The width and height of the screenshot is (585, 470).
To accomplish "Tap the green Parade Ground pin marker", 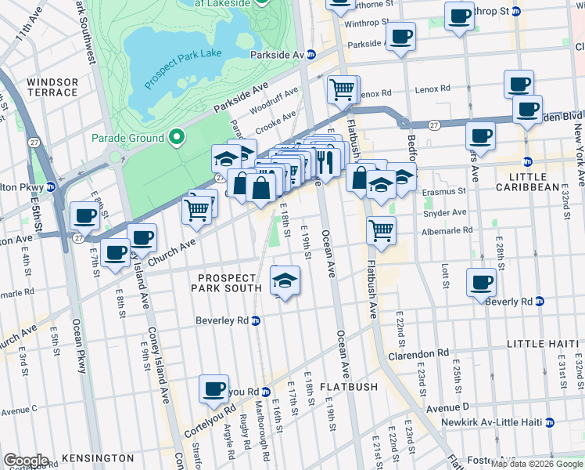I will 177,139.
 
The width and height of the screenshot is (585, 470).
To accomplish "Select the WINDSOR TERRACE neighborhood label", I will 52,87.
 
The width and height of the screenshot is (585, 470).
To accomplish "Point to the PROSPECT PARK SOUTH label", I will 227,283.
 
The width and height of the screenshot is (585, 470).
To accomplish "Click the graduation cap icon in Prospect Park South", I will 285,281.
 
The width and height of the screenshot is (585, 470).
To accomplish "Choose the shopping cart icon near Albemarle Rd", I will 381,231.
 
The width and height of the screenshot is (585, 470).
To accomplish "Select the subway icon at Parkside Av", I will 310,55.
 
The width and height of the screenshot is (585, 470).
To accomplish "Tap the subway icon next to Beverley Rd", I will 257,320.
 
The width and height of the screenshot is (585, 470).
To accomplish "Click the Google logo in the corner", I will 26,461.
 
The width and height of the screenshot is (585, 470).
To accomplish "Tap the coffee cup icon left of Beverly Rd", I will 481,282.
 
